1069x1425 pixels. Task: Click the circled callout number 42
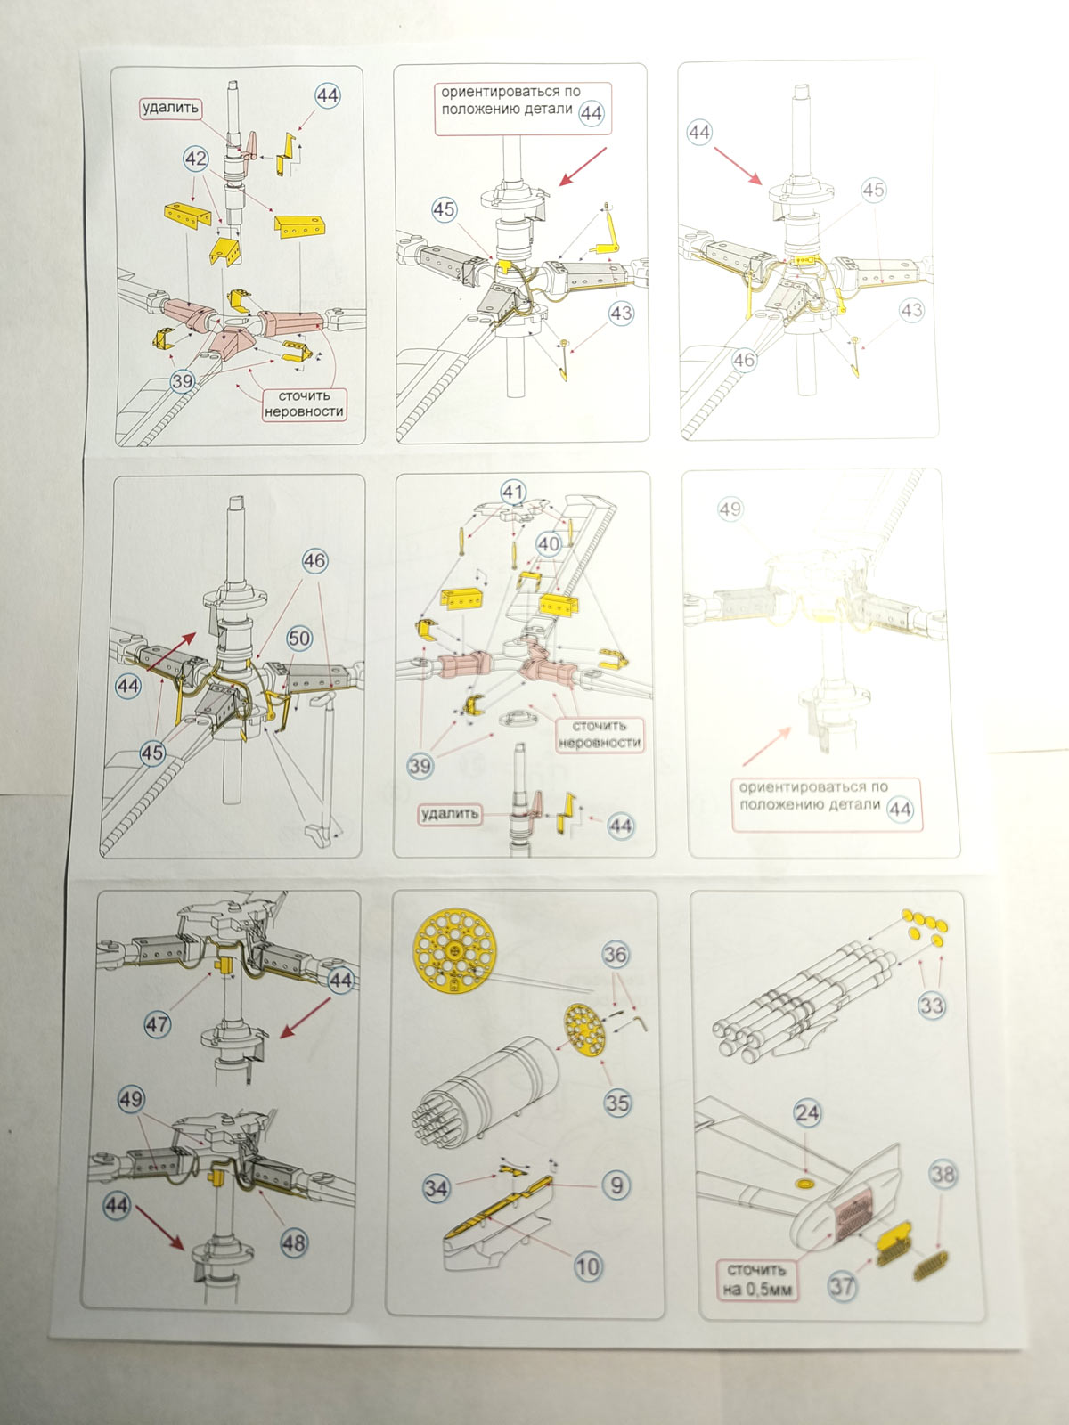195,159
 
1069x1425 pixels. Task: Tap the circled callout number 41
513,493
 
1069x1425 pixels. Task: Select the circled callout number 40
549,543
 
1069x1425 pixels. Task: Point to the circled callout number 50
299,638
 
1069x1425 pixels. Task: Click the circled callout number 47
158,1024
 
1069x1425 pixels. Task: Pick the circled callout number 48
293,1242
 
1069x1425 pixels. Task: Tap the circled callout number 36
616,955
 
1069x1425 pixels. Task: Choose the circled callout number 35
617,1103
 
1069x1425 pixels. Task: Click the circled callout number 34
436,1187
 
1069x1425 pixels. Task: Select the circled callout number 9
616,1185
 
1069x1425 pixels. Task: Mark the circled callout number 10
588,1266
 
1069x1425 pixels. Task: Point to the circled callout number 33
931,1006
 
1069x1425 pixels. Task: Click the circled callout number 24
807,1113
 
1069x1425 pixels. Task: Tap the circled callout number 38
943,1175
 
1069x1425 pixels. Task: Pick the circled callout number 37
842,1285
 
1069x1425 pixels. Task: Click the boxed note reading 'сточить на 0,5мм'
757,1279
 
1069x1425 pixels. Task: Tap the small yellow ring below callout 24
805,1183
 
